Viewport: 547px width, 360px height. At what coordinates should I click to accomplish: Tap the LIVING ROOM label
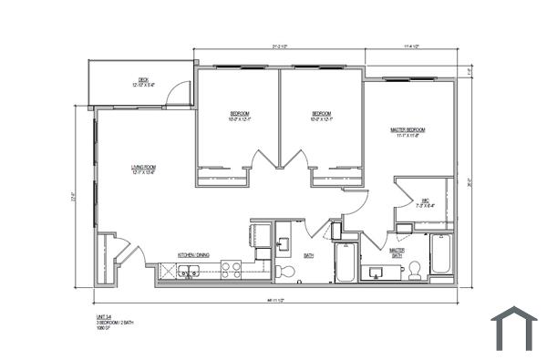pos(143,169)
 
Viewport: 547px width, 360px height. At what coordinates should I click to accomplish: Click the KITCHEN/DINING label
pos(193,255)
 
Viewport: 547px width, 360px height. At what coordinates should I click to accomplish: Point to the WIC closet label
pos(425,202)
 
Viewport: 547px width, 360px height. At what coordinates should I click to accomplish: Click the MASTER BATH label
pos(397,252)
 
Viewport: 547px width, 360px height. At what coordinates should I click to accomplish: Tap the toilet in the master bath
pos(415,270)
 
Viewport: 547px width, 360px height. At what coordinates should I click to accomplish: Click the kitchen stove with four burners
pos(232,270)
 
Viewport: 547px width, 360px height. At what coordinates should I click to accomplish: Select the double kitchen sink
pos(190,271)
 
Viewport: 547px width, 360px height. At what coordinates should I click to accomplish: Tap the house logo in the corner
pos(514,328)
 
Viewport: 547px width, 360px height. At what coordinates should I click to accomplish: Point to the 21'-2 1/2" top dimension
pos(279,46)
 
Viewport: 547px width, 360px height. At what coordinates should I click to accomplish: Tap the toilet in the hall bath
pos(285,272)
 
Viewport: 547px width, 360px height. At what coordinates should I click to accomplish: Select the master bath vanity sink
pos(377,272)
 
